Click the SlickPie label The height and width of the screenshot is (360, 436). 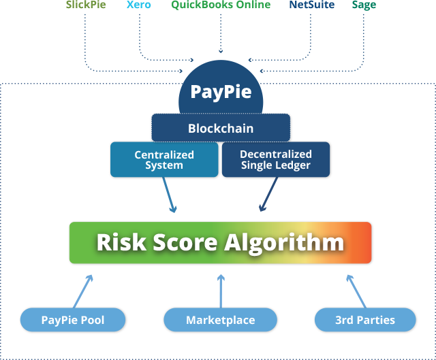pos(86,5)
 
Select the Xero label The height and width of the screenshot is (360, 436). pos(140,5)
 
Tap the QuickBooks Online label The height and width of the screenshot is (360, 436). pos(221,5)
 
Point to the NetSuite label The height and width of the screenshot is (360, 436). pos(313,5)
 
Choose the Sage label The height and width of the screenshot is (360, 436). pos(364,5)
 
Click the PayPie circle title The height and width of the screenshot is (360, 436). pos(221,91)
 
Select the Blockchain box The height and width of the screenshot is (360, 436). pos(221,128)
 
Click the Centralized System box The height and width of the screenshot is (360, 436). pos(164,160)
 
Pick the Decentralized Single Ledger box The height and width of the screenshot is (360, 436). pos(276,160)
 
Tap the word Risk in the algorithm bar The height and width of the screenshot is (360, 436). pos(122,242)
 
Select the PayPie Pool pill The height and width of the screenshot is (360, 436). pos(73,320)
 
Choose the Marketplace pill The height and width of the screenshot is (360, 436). pos(220,320)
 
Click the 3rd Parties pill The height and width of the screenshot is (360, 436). pos(365,320)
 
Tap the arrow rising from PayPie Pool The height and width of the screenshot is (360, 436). pos(82,291)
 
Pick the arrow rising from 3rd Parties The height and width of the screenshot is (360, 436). pos(357,291)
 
